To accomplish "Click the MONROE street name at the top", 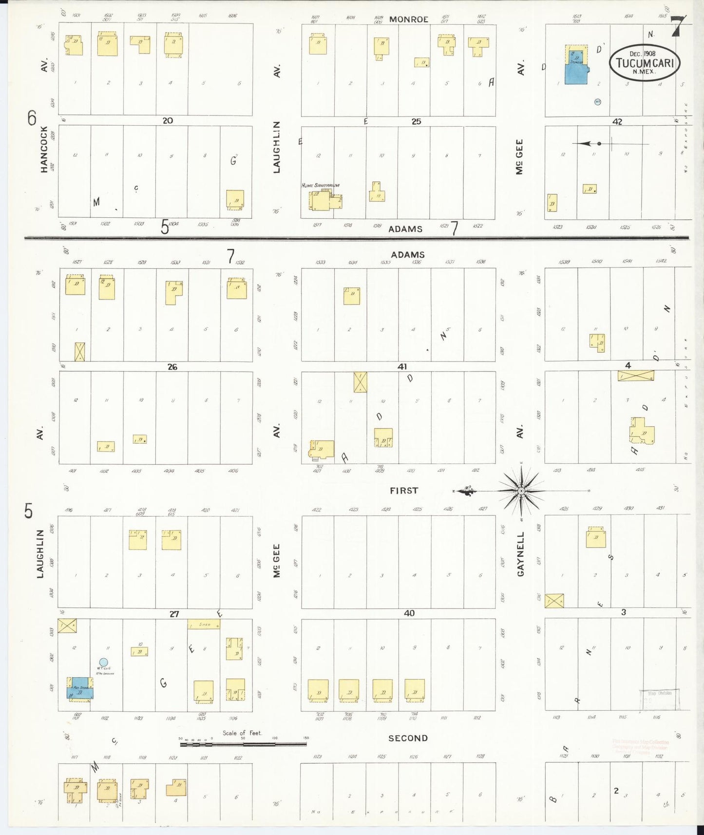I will [x=408, y=19].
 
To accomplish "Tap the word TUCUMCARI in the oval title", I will [x=645, y=63].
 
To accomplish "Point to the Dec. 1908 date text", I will [x=642, y=54].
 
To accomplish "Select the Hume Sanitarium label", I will [x=320, y=186].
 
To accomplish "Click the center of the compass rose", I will [x=522, y=491].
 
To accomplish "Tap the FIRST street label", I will [x=404, y=491].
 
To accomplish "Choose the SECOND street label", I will [x=408, y=738].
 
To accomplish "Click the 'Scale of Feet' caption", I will [x=242, y=733].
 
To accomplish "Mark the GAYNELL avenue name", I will [x=521, y=554].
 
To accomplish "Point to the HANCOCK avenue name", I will [x=44, y=149].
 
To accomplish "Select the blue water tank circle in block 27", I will [x=103, y=662].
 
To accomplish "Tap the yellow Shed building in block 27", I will [x=204, y=624].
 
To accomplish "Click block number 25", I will [x=416, y=121].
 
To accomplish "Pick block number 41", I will [x=402, y=366].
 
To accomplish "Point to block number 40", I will [x=409, y=613].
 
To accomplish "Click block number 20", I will [x=168, y=120].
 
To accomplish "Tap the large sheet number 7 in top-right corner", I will [x=678, y=27].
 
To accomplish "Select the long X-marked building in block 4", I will [x=636, y=376].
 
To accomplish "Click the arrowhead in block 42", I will [x=585, y=143].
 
